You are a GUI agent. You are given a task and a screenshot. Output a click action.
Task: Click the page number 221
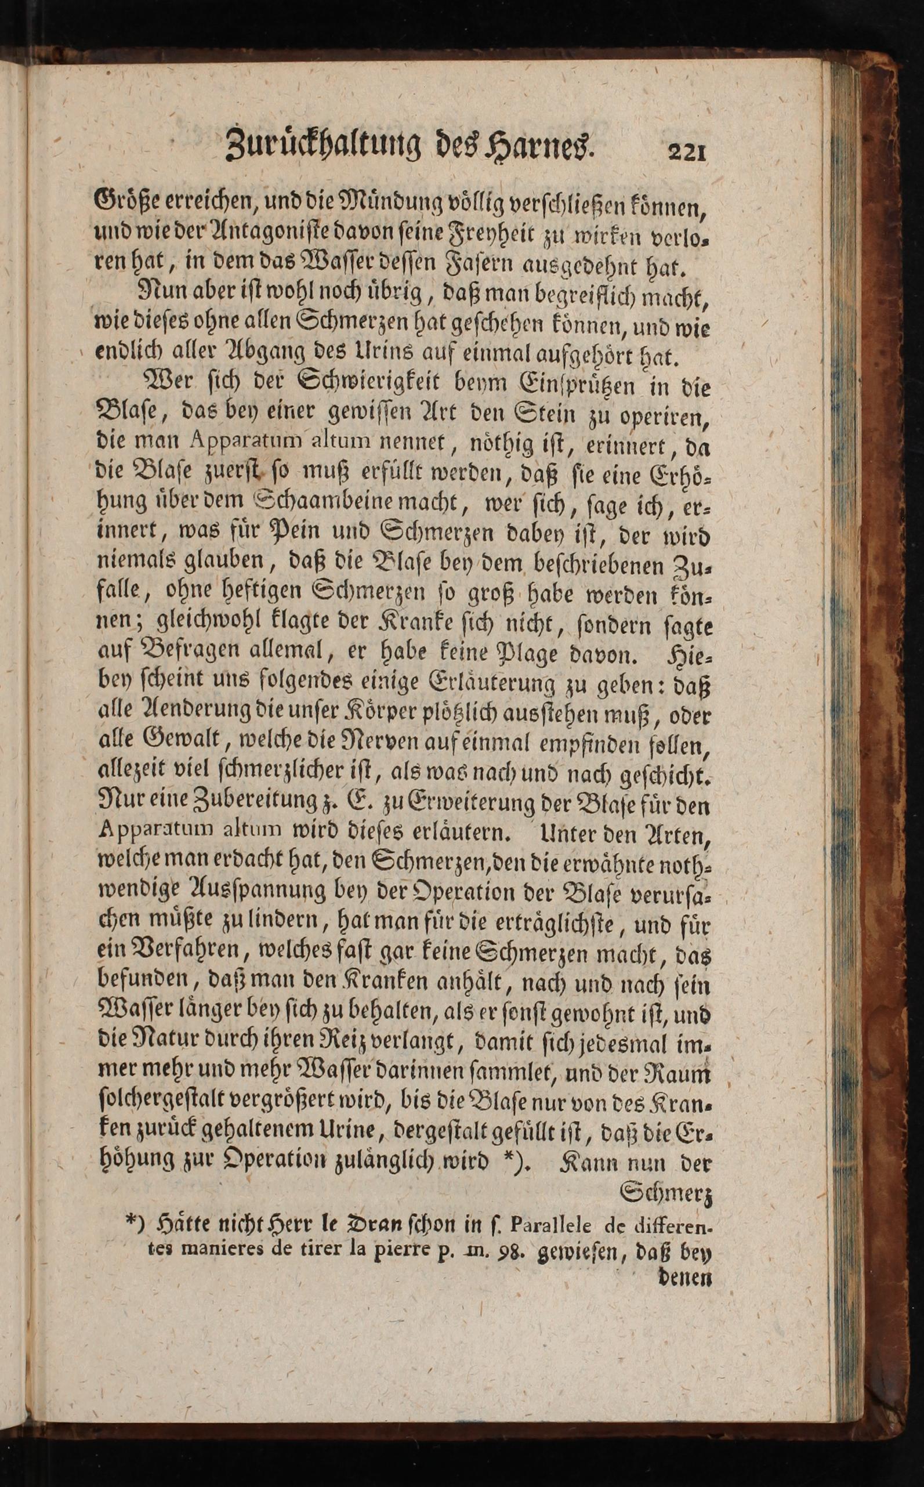[687, 151]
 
